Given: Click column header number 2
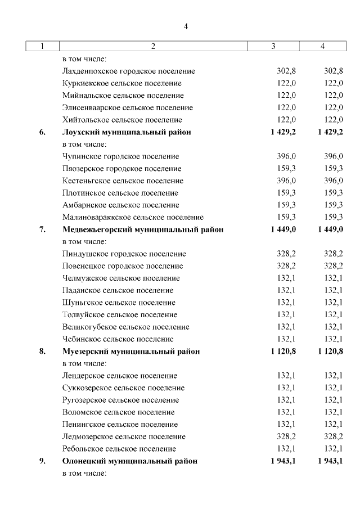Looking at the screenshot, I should point(152,47).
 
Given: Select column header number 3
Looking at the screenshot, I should point(273,47).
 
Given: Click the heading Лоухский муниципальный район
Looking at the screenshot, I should point(126,132).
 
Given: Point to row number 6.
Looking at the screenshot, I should point(42,132).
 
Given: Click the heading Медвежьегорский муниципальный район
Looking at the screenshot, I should point(142,229).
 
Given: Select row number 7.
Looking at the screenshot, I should point(42,229).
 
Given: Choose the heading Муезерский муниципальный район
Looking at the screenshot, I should point(130,352).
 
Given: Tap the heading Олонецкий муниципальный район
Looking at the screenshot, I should point(129,461).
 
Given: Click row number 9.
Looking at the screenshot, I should point(42,461).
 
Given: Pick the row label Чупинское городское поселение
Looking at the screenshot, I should point(120,156).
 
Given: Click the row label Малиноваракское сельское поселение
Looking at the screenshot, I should point(133,217).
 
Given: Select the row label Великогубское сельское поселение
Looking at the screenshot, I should point(125,327).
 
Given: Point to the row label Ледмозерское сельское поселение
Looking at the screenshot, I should point(123,436).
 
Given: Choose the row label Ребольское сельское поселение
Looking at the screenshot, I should point(119,449).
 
